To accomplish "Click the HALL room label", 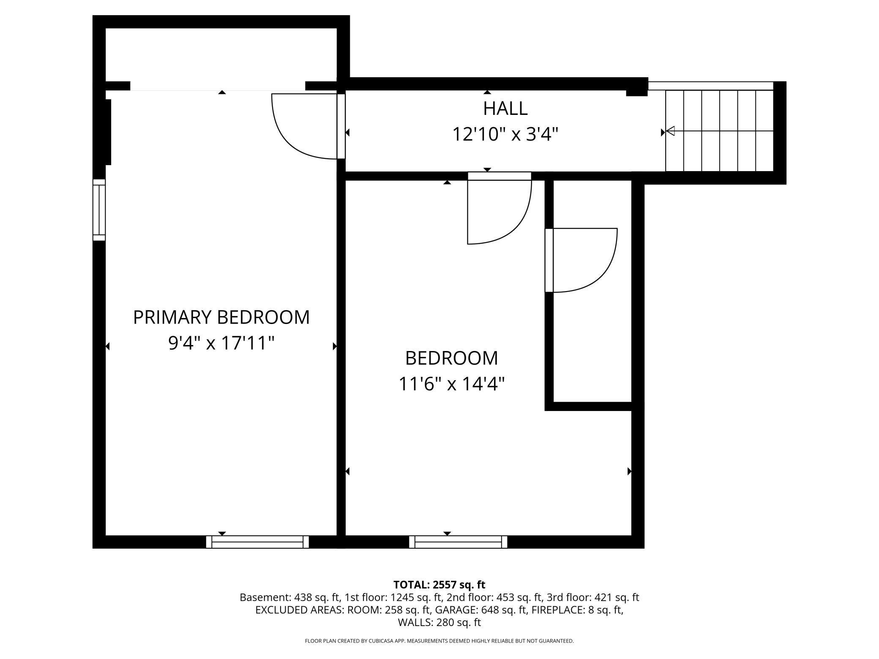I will [x=505, y=109].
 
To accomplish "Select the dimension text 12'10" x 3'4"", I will [x=505, y=135].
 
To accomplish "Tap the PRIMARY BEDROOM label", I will [x=221, y=317].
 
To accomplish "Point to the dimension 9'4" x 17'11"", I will [x=221, y=343].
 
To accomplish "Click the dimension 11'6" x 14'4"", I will [x=451, y=384].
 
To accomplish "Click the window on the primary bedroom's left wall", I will [x=99, y=210].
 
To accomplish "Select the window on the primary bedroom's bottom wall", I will [x=257, y=542].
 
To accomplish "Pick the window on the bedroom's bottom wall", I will [x=458, y=542].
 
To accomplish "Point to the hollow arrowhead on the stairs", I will [x=670, y=131].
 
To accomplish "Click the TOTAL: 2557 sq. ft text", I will [x=439, y=585].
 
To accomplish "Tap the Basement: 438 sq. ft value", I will [x=289, y=597].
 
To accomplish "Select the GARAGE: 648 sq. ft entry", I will [x=481, y=610].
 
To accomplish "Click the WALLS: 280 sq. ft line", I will [x=439, y=622].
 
